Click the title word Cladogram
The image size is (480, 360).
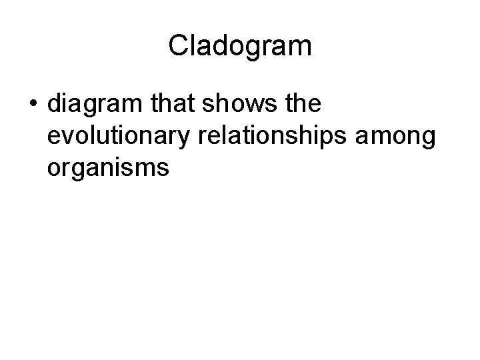tap(240, 46)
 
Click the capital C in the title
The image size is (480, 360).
tap(178, 46)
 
